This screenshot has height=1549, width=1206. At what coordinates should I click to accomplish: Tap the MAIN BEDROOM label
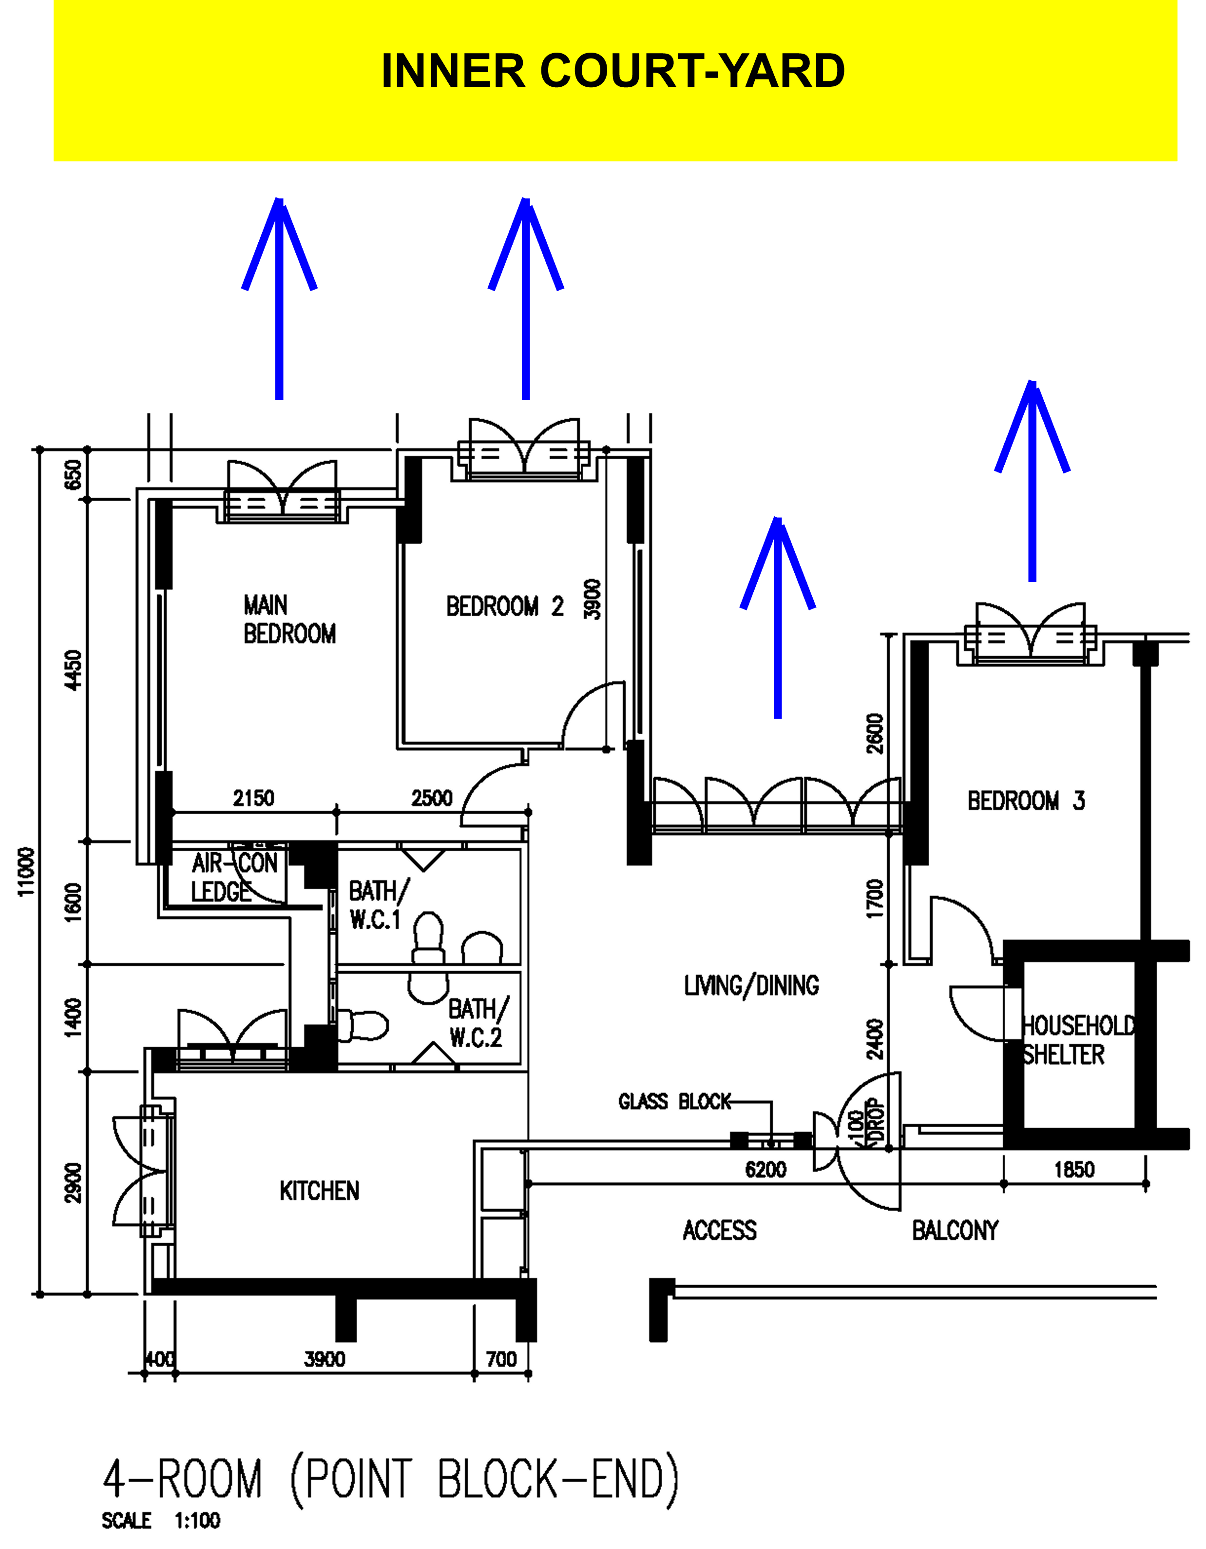click(289, 619)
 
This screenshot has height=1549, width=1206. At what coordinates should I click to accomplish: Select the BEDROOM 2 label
click(505, 607)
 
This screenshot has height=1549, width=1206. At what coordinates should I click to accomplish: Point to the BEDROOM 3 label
click(1026, 801)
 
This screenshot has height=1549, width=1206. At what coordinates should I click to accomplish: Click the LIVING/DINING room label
click(751, 986)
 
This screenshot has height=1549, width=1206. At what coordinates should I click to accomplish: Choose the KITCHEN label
click(319, 1191)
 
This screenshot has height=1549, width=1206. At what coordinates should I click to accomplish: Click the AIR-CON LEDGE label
click(234, 877)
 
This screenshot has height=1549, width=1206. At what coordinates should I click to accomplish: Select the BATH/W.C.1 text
click(379, 905)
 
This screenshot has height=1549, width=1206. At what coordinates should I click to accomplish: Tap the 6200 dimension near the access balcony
click(766, 1170)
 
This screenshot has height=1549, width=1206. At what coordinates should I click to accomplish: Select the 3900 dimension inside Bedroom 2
click(592, 599)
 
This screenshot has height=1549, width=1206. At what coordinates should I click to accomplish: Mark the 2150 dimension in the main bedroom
click(253, 798)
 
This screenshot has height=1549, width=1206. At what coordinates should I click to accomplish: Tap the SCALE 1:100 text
click(161, 1521)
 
